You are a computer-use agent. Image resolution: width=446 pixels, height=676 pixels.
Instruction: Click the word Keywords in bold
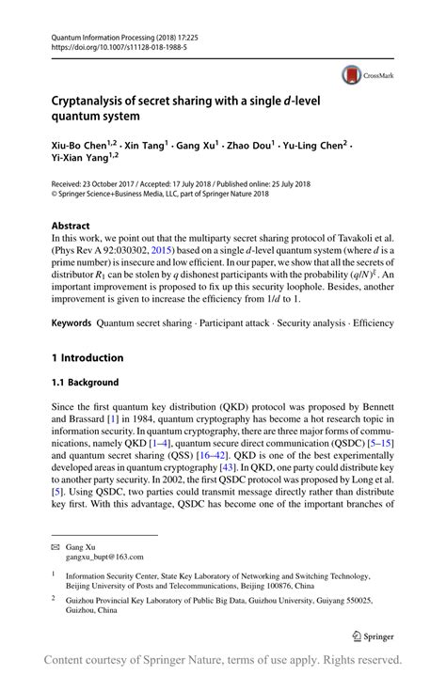pos(72,322)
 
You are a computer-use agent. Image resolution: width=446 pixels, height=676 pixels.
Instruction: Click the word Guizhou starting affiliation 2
pos(85,599)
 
